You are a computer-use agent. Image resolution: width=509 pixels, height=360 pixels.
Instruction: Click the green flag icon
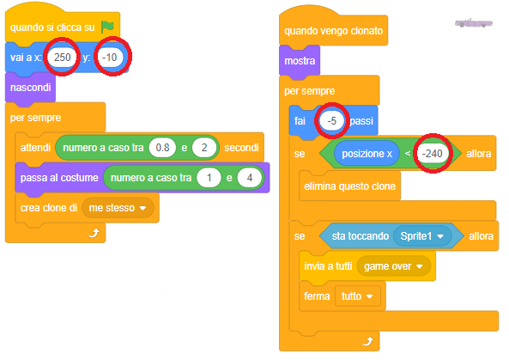click(107, 27)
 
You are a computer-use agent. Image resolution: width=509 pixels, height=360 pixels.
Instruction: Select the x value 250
click(63, 58)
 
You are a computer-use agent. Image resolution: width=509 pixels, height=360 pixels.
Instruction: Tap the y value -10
click(110, 58)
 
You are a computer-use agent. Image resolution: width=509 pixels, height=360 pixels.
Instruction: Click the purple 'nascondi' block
click(30, 88)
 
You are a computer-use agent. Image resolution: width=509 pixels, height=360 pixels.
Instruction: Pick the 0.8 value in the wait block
click(162, 148)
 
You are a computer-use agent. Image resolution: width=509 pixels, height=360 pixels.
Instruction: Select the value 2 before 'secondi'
click(204, 148)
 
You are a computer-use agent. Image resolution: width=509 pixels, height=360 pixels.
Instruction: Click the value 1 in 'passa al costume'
click(209, 178)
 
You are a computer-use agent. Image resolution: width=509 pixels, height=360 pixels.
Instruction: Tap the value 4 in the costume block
click(249, 178)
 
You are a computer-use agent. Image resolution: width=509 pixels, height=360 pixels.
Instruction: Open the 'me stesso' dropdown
click(118, 208)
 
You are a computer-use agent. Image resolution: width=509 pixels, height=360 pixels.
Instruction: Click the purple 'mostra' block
click(300, 61)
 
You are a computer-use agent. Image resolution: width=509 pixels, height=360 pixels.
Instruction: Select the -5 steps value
click(332, 121)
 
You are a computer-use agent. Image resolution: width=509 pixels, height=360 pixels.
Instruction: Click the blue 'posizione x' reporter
click(367, 154)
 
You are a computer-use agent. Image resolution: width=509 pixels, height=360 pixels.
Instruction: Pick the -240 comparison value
click(433, 153)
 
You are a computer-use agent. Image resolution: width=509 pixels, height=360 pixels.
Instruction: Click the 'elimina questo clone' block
click(350, 186)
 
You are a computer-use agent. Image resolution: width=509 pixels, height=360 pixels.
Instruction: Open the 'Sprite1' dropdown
click(422, 236)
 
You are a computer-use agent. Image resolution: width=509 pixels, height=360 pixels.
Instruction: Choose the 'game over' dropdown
click(393, 266)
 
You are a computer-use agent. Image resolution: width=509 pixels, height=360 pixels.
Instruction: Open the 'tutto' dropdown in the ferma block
click(357, 296)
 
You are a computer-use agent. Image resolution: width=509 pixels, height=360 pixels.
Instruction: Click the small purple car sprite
click(473, 23)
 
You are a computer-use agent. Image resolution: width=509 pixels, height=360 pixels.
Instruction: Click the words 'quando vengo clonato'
click(333, 31)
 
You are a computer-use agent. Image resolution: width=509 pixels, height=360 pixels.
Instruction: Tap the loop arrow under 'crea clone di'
click(94, 233)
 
